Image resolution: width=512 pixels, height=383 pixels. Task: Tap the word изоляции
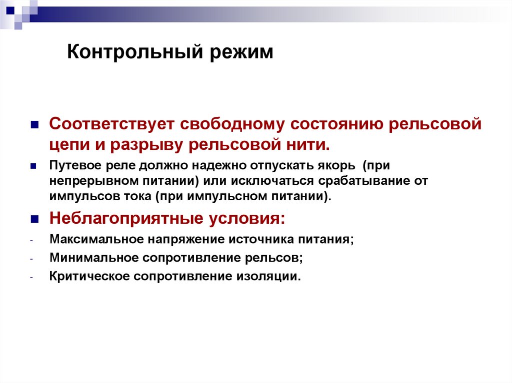tap(274, 276)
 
